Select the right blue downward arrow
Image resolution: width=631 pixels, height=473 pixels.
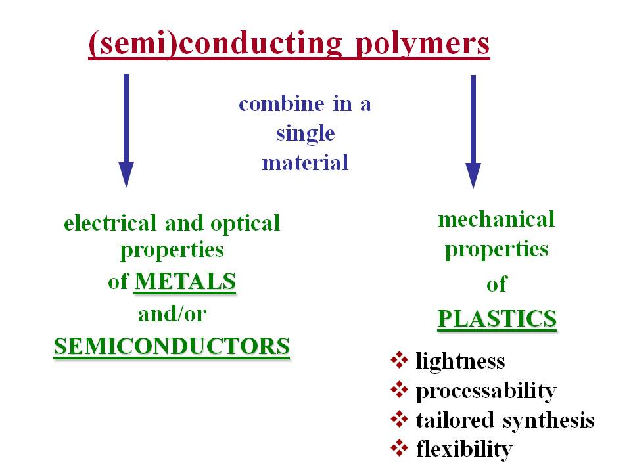point(473,131)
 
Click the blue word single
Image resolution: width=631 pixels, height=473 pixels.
point(305,133)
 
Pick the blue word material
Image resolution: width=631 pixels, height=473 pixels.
point(305,162)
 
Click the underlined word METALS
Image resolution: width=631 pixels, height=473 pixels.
point(185,282)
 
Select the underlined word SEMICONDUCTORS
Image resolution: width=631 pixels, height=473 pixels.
point(172,346)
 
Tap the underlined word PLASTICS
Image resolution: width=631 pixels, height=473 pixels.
point(497,319)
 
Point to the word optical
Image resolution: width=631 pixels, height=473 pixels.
point(245,224)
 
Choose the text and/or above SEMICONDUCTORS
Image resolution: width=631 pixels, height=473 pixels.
point(172,314)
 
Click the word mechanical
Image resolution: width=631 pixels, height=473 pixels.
point(496,219)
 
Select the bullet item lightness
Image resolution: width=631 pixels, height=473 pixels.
point(460,361)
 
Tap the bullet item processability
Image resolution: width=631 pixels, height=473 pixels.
point(486,391)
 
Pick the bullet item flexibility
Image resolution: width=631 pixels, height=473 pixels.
point(463,449)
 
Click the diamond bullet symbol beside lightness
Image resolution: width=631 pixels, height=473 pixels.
point(399,359)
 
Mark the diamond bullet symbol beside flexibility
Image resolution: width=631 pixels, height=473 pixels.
point(399,448)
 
